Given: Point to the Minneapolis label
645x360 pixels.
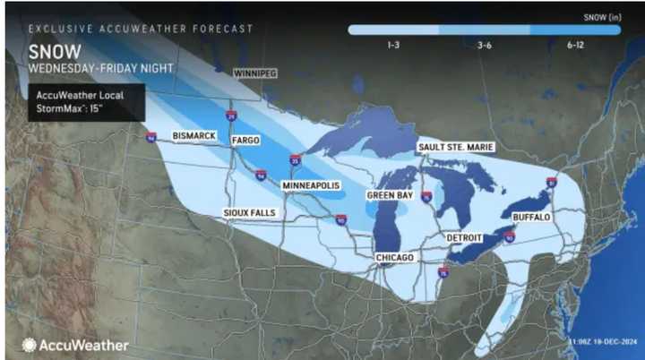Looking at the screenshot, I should (310, 184).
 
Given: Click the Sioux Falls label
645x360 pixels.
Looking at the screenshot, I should (250, 212).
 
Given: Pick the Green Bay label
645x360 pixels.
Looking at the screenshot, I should (390, 194).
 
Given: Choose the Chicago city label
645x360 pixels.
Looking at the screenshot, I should (395, 258).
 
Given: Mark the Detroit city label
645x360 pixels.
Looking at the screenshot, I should (464, 237).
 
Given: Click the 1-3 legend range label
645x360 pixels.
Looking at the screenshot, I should (392, 43).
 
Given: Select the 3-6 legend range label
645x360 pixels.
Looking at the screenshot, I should (484, 43).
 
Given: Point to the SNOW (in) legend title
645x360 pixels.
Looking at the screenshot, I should (599, 15).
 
